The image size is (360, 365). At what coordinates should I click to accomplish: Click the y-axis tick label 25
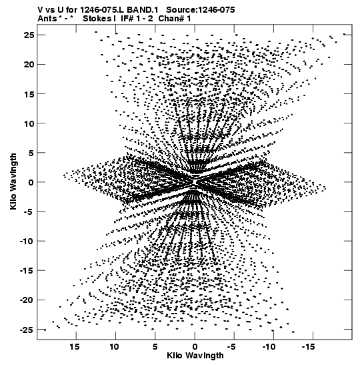(29, 35)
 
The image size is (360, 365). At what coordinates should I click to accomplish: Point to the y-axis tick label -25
(27, 330)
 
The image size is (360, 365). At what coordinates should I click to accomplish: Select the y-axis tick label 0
(31, 182)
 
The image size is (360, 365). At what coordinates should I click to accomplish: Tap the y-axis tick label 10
(29, 123)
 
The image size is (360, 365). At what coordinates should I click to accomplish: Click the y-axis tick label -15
(27, 271)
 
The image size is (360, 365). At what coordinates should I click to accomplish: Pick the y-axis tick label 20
(29, 65)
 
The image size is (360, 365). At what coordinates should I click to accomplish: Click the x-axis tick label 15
(75, 347)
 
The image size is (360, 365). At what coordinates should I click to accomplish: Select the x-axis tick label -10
(270, 347)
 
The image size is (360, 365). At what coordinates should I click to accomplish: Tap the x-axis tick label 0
(195, 347)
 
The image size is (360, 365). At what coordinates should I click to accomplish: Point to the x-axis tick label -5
(232, 347)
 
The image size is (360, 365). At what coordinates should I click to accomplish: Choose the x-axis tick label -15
(309, 347)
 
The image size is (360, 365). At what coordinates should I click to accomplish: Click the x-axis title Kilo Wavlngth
(195, 356)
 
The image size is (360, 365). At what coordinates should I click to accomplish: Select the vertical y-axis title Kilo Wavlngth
(13, 181)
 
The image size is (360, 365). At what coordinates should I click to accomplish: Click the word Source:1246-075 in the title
(201, 10)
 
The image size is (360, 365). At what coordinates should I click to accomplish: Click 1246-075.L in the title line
(103, 10)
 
